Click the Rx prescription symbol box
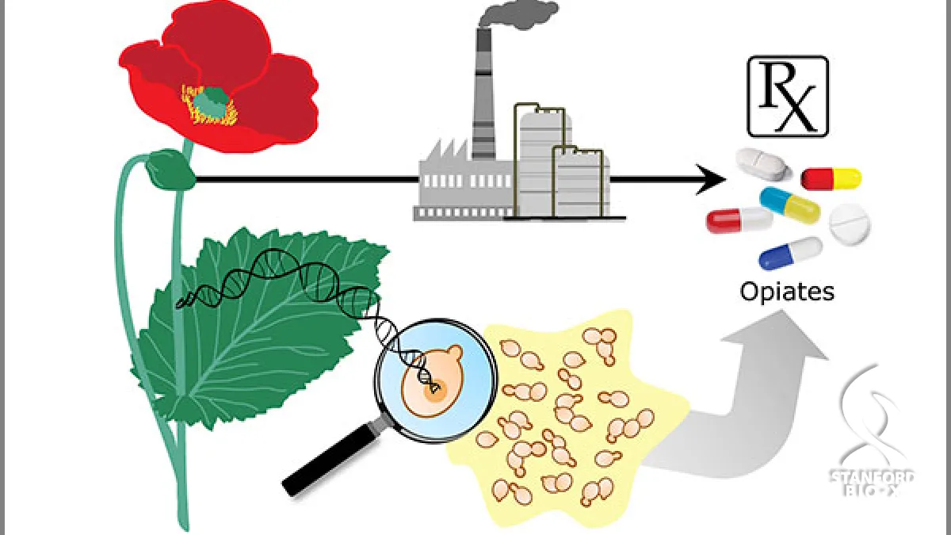tap(788, 97)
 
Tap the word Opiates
tap(787, 292)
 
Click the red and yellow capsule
tap(831, 179)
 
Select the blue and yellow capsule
tap(789, 205)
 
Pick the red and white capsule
tap(739, 220)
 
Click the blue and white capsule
tap(791, 253)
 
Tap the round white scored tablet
tap(850, 224)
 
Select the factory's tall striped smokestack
tap(484, 94)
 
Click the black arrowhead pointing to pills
tap(711, 180)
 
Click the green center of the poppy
tap(211, 102)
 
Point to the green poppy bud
tap(170, 170)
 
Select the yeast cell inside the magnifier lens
tap(432, 381)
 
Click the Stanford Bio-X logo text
tap(872, 483)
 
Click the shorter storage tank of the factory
tap(582, 182)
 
